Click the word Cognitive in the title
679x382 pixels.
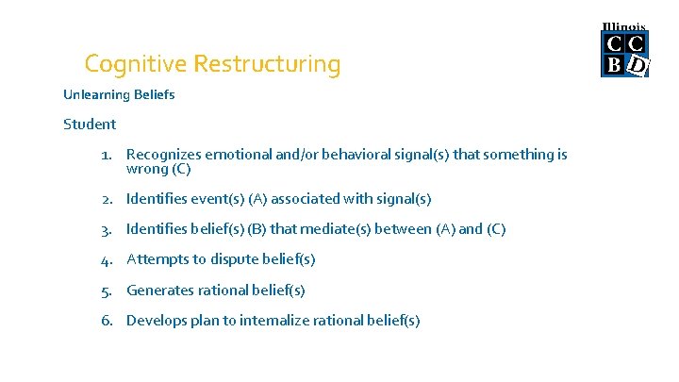click(x=135, y=64)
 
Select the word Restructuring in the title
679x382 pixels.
click(x=267, y=64)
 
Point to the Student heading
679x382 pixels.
click(x=90, y=124)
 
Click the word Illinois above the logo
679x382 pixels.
click(x=624, y=26)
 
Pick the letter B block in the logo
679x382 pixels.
click(x=614, y=64)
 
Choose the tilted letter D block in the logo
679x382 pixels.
click(x=638, y=65)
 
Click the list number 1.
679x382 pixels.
click(x=108, y=154)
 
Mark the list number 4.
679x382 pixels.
click(x=108, y=258)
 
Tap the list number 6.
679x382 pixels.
click(x=108, y=320)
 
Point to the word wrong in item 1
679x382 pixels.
click(x=146, y=170)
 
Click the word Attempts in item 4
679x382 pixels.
click(x=156, y=258)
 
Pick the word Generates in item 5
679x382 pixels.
click(x=159, y=290)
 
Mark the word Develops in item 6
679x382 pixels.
click(x=157, y=320)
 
